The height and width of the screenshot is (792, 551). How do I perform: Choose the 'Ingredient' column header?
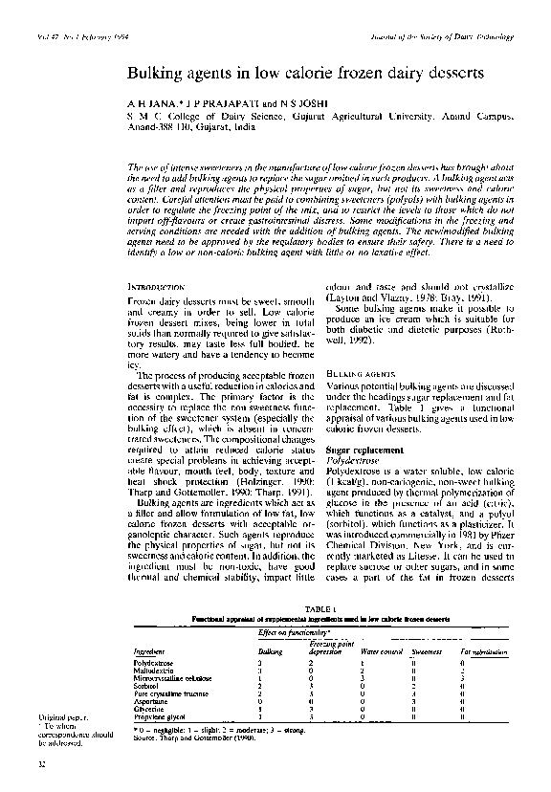coord(151,651)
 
